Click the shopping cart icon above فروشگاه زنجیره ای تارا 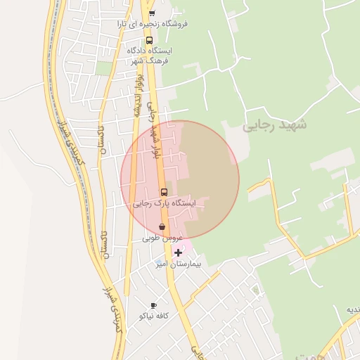[152, 13]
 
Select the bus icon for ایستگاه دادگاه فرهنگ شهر [149, 40]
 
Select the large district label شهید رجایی [275, 126]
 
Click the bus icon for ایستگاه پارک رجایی [163, 192]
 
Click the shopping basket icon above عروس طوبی [163, 226]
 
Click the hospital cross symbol [178, 252]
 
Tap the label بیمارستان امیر [178, 265]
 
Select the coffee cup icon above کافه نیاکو [154, 306]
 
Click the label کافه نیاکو [153, 317]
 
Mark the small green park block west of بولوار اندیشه [104, 67]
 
